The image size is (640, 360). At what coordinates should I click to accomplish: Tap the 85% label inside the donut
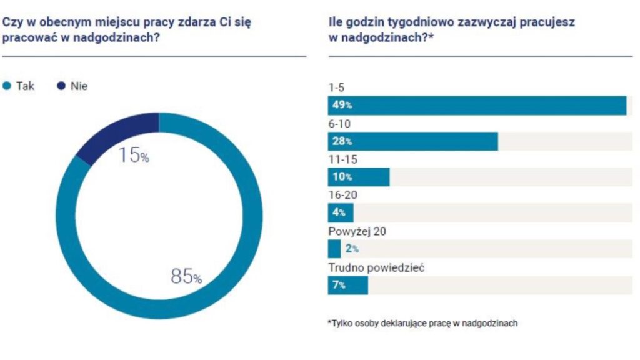point(186,276)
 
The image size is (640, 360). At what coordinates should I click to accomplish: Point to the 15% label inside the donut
point(134,155)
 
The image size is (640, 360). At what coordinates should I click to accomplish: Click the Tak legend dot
point(7,86)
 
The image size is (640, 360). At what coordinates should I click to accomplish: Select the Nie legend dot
point(61,86)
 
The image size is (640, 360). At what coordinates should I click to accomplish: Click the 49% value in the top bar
point(342,106)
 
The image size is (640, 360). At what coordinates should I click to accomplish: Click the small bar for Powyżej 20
point(334,249)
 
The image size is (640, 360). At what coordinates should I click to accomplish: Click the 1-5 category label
point(336,89)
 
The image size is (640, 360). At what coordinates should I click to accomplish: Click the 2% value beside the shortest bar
point(352,249)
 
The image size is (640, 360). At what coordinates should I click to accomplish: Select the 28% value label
point(342,141)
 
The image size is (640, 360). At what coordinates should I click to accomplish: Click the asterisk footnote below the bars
point(422,323)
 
